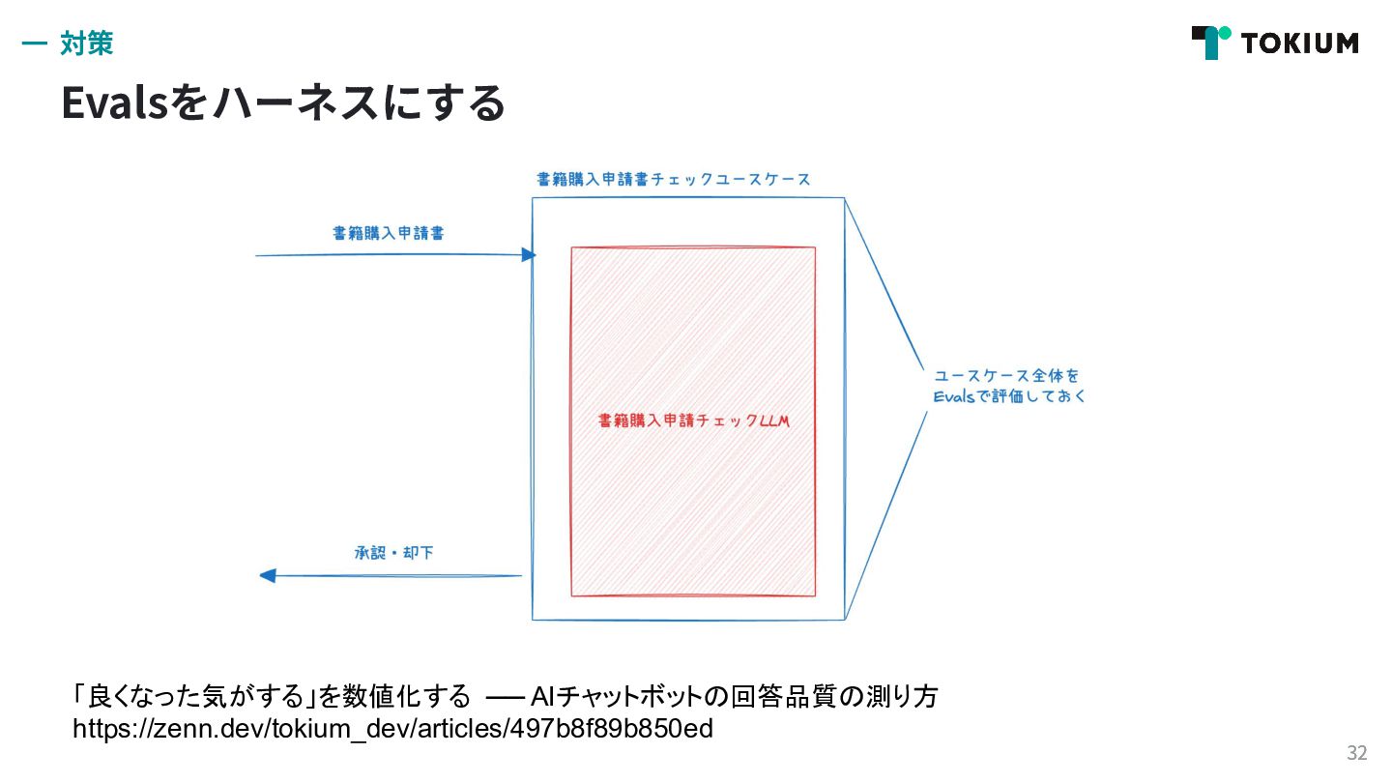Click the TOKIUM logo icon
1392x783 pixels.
[x=1210, y=43]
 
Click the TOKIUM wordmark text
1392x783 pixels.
[x=1299, y=43]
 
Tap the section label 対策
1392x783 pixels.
[x=87, y=43]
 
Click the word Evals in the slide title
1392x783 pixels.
[x=115, y=103]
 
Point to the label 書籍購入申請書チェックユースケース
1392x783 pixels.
[x=673, y=180]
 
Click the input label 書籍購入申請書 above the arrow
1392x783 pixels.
[x=388, y=233]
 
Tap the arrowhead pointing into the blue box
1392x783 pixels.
[x=528, y=255]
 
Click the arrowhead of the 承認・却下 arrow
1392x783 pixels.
[x=268, y=575]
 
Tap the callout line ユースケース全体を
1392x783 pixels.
[x=1005, y=375]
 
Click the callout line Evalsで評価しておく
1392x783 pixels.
[x=1010, y=396]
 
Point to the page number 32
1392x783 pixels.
[x=1357, y=753]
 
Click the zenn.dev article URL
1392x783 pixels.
[x=392, y=728]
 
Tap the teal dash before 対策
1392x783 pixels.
[x=34, y=43]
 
